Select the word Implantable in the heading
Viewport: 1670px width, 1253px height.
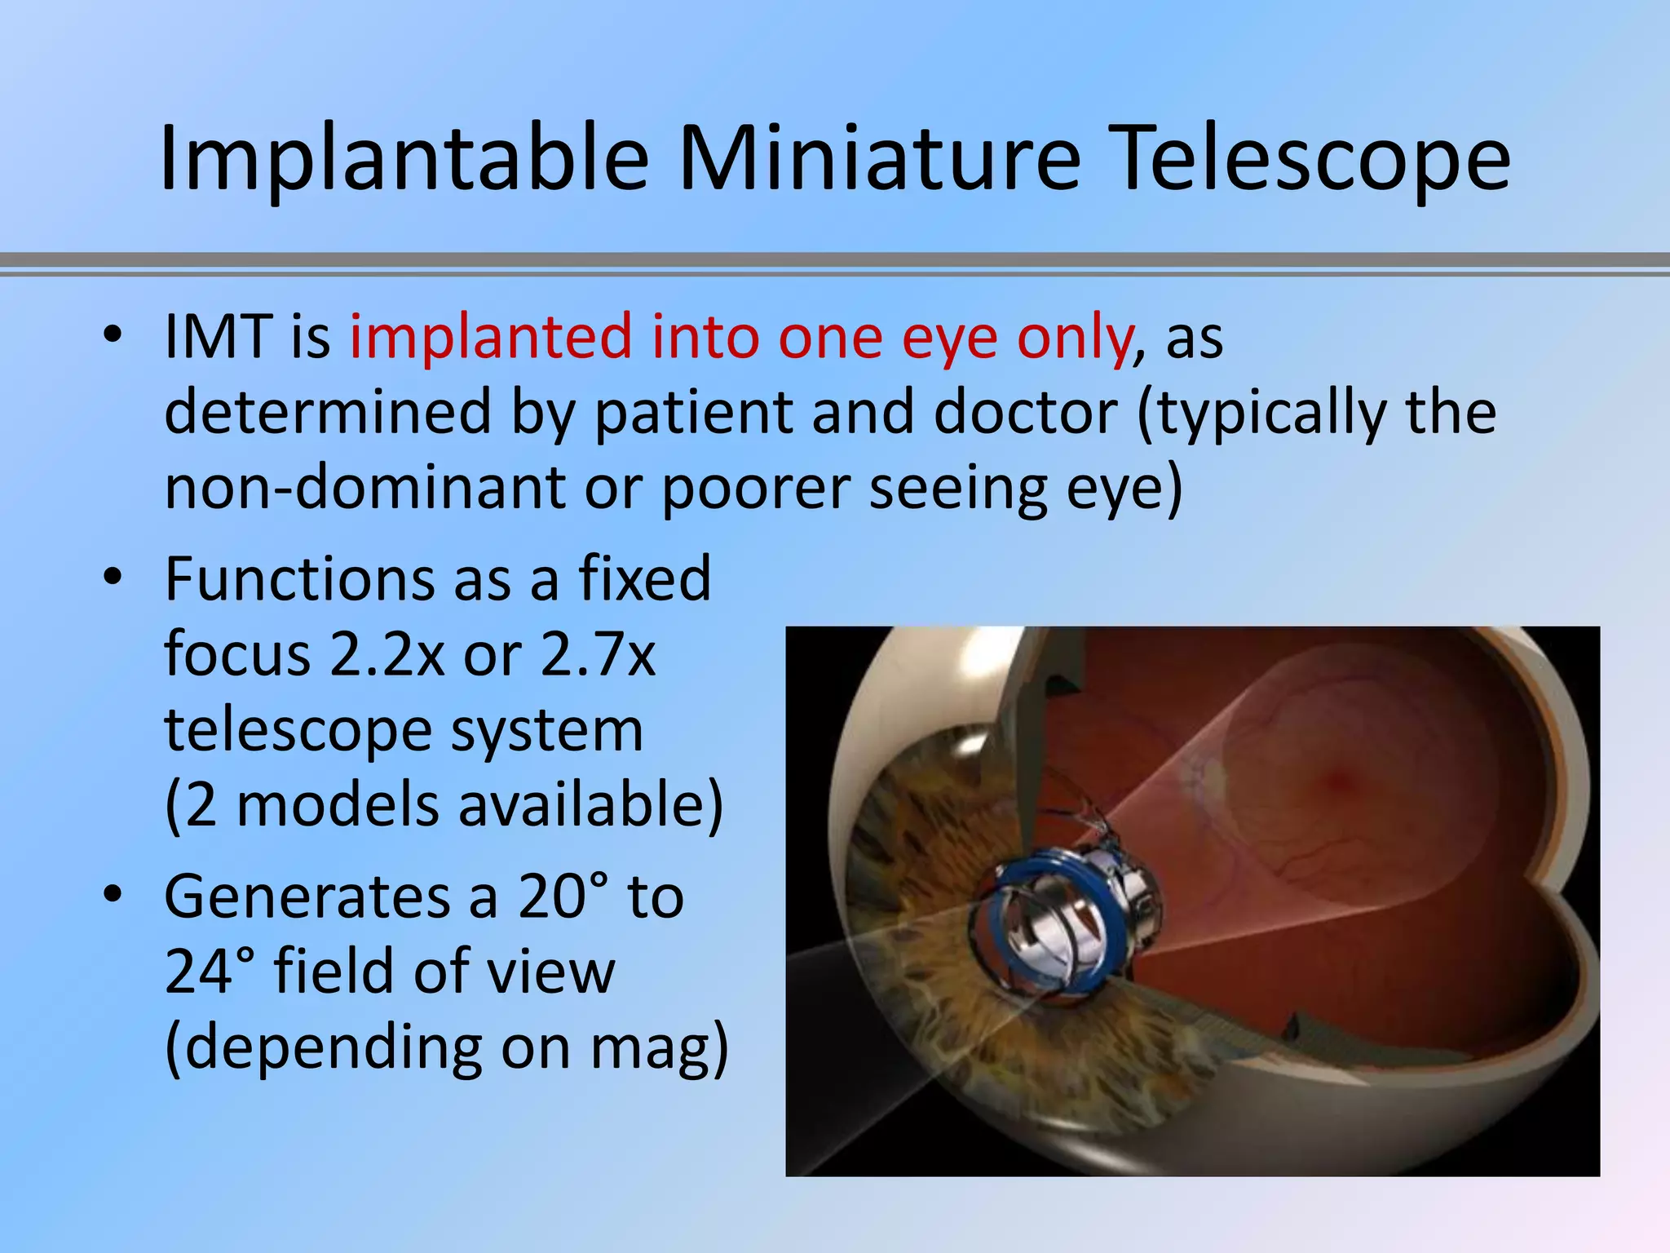point(404,159)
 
